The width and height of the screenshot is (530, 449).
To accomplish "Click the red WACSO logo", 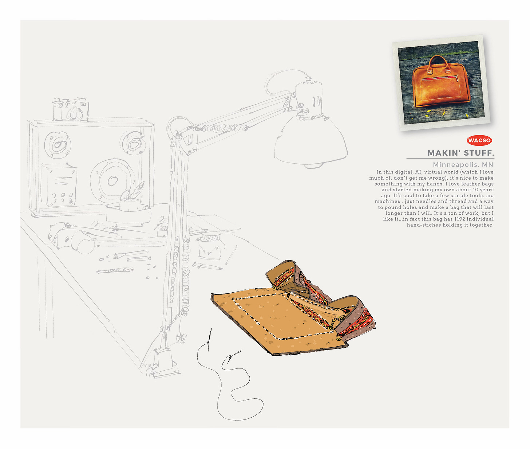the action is (479, 140).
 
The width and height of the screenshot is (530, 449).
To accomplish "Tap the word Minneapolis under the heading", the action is (455, 165).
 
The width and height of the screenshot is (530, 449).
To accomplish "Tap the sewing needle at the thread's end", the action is (210, 339).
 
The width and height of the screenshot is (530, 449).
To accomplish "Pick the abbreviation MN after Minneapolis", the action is (487, 165).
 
